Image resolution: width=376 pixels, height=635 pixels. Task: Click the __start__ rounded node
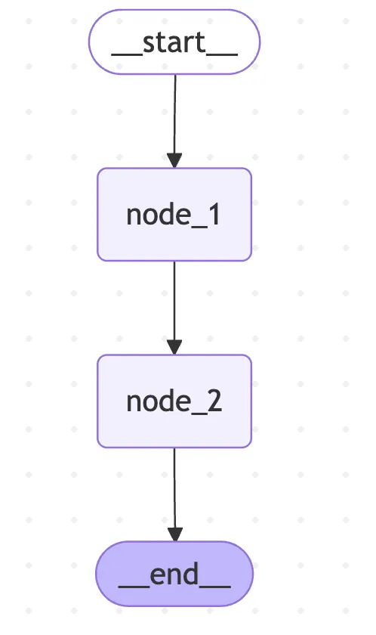(174, 42)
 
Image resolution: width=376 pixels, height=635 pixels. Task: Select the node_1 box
(174, 214)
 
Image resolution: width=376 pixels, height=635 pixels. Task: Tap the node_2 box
(174, 401)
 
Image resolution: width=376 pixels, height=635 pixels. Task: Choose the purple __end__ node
(174, 574)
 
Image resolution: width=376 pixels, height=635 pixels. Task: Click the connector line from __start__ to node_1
(175, 121)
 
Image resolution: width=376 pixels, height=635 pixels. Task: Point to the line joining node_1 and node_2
(174, 308)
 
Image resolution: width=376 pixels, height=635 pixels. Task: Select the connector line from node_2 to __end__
(174, 494)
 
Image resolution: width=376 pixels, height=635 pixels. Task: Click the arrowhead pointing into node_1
(174, 160)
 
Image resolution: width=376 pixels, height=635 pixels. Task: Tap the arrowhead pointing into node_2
(174, 347)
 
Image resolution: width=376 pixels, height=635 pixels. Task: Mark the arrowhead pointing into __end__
(175, 534)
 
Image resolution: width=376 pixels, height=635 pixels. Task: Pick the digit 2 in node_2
(214, 401)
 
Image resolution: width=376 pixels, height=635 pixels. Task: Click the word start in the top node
(174, 42)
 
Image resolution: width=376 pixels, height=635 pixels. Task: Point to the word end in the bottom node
(174, 574)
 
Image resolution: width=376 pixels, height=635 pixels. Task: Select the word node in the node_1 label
(158, 214)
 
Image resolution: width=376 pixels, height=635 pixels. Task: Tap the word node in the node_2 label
(158, 401)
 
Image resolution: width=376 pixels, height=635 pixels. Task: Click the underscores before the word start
(127, 54)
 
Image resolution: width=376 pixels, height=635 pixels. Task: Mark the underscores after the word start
(221, 54)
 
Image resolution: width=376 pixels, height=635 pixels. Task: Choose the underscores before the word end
(134, 586)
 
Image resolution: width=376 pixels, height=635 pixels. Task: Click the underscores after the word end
(214, 586)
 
